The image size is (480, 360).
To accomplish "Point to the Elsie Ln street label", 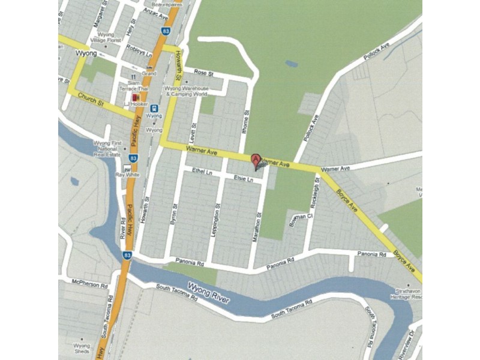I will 244,178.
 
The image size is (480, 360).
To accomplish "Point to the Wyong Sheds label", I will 82,349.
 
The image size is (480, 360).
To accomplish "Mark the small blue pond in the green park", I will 291,63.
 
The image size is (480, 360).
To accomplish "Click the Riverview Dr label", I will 411,342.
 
